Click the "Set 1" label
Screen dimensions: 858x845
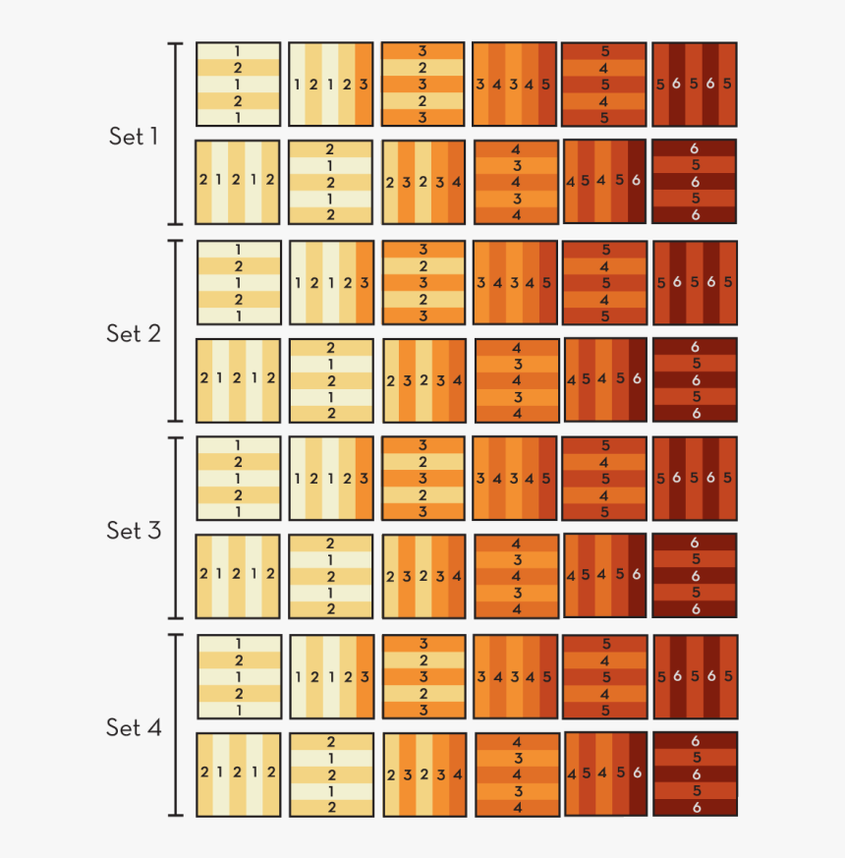(x=133, y=137)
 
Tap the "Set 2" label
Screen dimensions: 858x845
(x=133, y=333)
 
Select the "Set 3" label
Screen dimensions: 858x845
(x=133, y=530)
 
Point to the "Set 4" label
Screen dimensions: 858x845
(x=133, y=727)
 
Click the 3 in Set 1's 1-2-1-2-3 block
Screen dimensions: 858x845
(x=364, y=85)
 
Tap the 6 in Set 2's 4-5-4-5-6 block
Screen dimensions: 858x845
(x=637, y=378)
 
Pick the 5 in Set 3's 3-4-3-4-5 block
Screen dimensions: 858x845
(x=546, y=479)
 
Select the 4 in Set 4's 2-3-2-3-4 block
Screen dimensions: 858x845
(x=457, y=774)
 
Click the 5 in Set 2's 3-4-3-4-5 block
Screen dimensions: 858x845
(x=546, y=282)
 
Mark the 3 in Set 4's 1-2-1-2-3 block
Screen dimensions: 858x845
(x=365, y=676)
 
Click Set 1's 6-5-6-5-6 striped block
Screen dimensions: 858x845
(x=694, y=182)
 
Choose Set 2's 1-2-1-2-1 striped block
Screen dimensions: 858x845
(x=239, y=282)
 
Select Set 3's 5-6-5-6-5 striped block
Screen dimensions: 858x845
(x=694, y=479)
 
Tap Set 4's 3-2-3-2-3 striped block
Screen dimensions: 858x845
(x=422, y=676)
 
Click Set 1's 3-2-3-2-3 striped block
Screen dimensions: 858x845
(x=422, y=85)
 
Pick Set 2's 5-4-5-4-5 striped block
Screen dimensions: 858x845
(x=604, y=282)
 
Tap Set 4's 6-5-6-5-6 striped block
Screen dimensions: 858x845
(x=694, y=774)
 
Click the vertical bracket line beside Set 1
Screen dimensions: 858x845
(x=177, y=134)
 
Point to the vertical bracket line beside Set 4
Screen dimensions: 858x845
(x=177, y=725)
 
